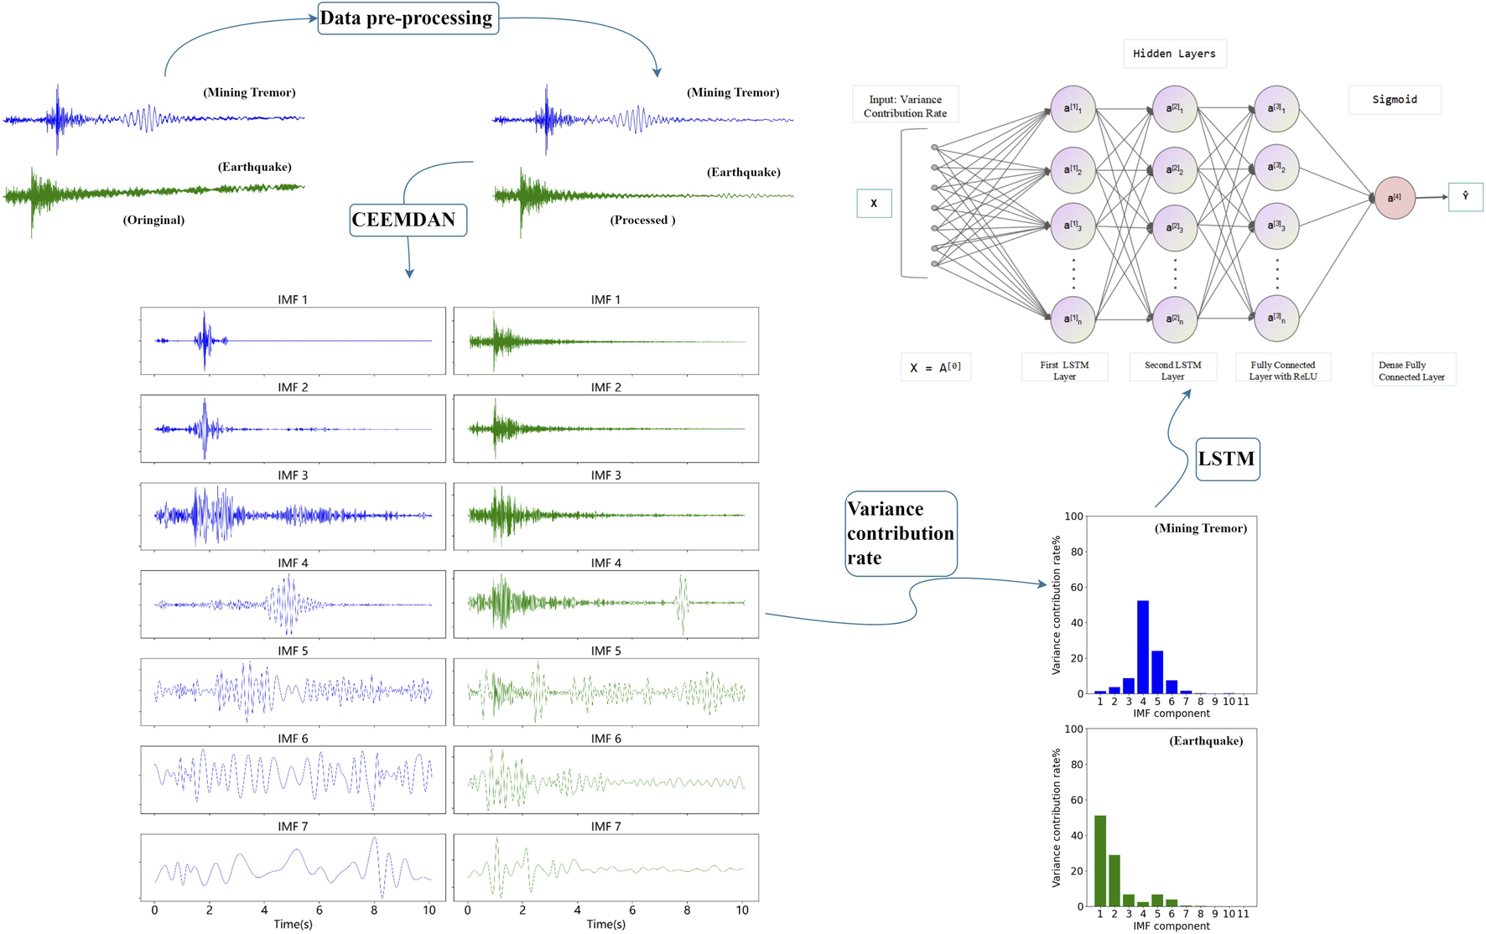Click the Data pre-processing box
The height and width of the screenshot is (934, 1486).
pyautogui.click(x=408, y=18)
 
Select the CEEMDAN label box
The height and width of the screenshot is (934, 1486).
pyautogui.click(x=408, y=220)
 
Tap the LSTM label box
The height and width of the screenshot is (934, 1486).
pyautogui.click(x=1227, y=459)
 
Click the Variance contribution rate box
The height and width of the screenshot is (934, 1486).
pyautogui.click(x=901, y=533)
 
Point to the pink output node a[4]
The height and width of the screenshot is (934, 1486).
pyautogui.click(x=1394, y=198)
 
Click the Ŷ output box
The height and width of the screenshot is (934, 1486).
pyautogui.click(x=1465, y=197)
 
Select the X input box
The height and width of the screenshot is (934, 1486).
pyautogui.click(x=874, y=203)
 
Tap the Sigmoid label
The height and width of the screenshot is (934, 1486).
pyautogui.click(x=1395, y=100)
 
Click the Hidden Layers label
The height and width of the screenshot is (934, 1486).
pyautogui.click(x=1174, y=54)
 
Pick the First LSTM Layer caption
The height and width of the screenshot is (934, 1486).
pyautogui.click(x=1064, y=371)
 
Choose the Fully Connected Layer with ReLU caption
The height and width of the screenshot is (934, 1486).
pyautogui.click(x=1283, y=371)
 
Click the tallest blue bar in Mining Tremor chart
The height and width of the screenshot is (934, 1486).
pyautogui.click(x=1143, y=646)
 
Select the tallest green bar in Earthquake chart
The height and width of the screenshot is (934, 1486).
pyautogui.click(x=1100, y=860)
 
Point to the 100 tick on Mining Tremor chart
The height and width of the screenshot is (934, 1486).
pyautogui.click(x=1073, y=516)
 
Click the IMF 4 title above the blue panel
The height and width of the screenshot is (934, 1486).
pyautogui.click(x=293, y=563)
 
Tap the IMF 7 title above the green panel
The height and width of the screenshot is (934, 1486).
pyautogui.click(x=605, y=827)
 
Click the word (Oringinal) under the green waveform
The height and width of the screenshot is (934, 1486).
pyautogui.click(x=153, y=221)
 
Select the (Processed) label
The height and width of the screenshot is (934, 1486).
pyautogui.click(x=642, y=221)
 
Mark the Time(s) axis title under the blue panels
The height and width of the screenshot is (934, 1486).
pyautogui.click(x=293, y=924)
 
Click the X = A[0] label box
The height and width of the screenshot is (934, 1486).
pyautogui.click(x=936, y=368)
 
